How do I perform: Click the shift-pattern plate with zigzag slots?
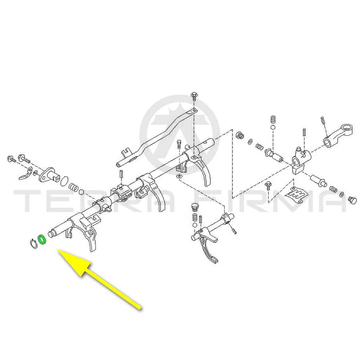(x=296, y=195)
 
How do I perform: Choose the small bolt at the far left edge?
(x=11, y=159)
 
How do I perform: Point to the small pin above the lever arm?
(x=322, y=120)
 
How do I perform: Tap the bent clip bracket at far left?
(x=26, y=174)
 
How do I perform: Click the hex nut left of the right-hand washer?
(x=240, y=135)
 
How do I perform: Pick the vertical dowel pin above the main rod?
(x=121, y=174)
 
